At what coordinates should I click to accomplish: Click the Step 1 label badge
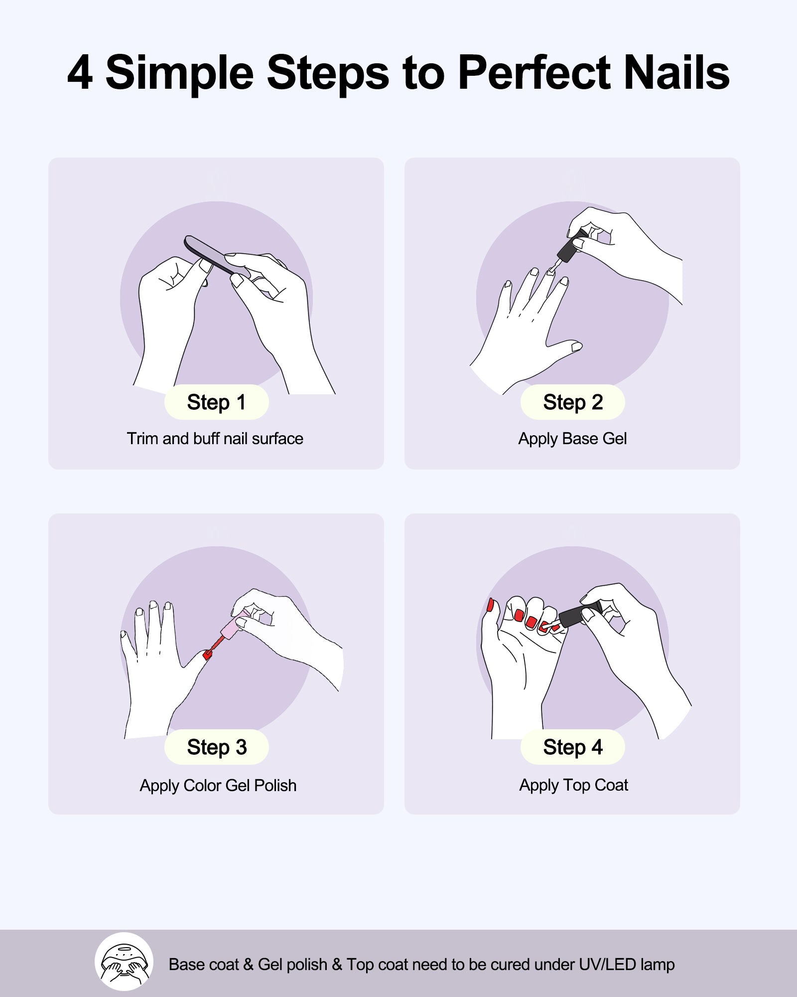click(216, 402)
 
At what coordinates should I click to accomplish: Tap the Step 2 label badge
click(572, 402)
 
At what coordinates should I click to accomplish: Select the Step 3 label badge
click(216, 747)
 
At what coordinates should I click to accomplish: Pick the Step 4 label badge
click(572, 747)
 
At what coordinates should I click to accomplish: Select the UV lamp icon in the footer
click(124, 961)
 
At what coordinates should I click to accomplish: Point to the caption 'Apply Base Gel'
click(572, 439)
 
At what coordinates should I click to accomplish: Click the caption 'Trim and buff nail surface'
click(215, 439)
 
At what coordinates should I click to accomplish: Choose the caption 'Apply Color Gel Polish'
click(218, 786)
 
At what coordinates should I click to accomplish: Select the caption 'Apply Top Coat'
click(573, 785)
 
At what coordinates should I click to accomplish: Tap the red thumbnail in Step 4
click(490, 605)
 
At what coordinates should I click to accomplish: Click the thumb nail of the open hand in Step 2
click(577, 346)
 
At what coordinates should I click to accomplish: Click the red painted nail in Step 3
click(207, 655)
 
